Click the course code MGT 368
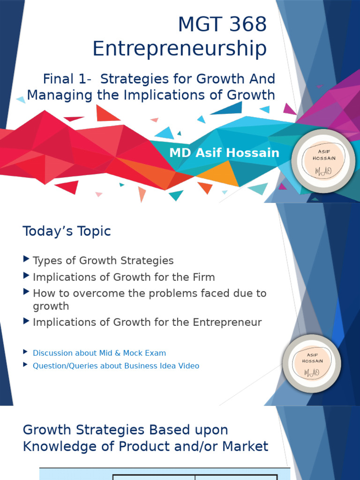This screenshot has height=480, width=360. click(x=222, y=24)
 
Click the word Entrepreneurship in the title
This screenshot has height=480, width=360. click(x=180, y=49)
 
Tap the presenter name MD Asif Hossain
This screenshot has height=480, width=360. click(x=224, y=153)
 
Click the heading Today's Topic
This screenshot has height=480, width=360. click(x=67, y=231)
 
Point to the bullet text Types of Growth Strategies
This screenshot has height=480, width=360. click(x=103, y=261)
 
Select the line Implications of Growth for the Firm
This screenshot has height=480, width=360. click(x=124, y=277)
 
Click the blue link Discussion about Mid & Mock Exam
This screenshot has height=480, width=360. click(x=99, y=353)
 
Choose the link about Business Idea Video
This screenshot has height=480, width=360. click(x=116, y=366)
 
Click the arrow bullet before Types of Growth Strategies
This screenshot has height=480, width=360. click(x=26, y=260)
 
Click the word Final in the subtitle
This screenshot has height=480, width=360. click(x=58, y=79)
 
